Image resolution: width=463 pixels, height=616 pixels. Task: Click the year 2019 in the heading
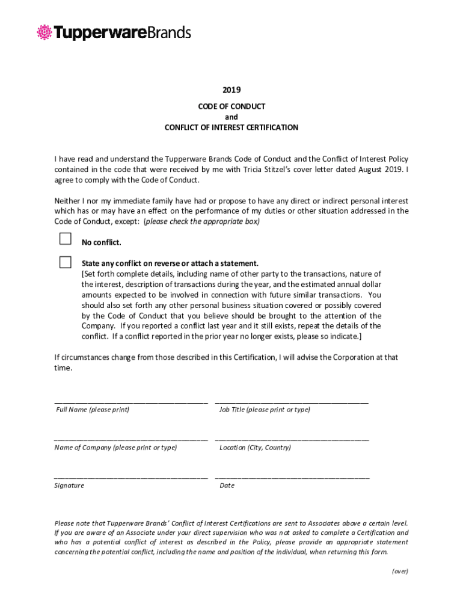[231, 90]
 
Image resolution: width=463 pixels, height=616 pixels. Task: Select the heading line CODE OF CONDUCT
[231, 106]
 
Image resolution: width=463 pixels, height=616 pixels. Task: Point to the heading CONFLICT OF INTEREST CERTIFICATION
[231, 128]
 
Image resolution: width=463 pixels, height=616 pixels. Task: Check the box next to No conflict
[65, 239]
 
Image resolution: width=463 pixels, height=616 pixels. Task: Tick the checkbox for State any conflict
[65, 262]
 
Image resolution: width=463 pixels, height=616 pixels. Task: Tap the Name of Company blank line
[130, 439]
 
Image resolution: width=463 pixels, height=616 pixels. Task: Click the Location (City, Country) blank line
[292, 439]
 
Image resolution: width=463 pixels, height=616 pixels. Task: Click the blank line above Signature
[130, 476]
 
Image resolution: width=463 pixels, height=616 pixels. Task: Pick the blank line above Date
[292, 476]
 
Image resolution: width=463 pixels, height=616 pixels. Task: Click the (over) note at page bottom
[400, 571]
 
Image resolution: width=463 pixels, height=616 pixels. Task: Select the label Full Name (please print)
[93, 410]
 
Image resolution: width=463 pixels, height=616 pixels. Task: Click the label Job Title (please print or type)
[265, 410]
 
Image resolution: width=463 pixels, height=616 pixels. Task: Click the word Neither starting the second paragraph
[68, 200]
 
